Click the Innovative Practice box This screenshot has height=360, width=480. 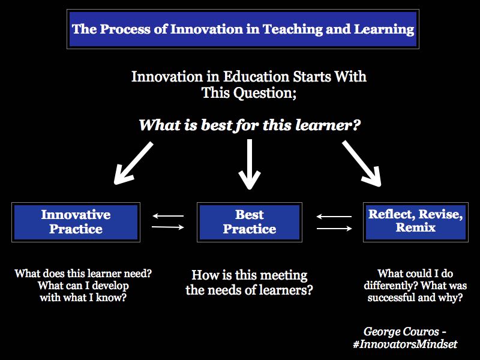76,222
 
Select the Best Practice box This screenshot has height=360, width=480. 249,222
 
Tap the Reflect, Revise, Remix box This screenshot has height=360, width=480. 415,221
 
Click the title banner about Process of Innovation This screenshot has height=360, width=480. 242,28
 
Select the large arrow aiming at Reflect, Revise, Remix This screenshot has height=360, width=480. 362,163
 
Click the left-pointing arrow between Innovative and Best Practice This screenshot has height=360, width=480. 168,216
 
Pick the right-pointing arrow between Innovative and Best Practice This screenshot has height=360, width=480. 168,227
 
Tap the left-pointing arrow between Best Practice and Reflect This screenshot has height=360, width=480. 334,217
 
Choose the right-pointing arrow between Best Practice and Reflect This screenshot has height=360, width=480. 334,228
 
